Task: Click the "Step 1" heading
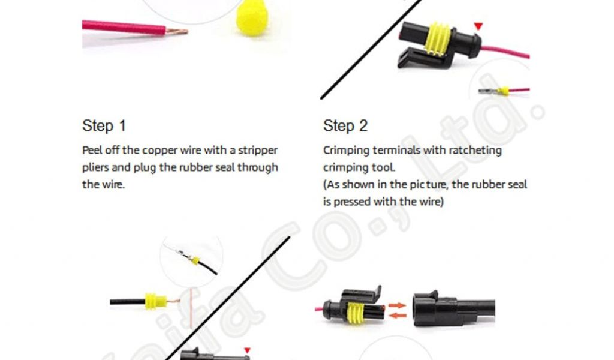click(104, 126)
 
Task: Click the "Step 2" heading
click(345, 126)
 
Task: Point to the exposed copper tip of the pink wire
click(177, 32)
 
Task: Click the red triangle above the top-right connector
click(478, 26)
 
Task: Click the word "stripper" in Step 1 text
click(258, 151)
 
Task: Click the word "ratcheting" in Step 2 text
click(475, 151)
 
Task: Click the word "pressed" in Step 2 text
click(351, 202)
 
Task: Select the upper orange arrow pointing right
click(397, 305)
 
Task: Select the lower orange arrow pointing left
click(398, 316)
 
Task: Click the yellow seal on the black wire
click(155, 302)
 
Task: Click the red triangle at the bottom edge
click(247, 350)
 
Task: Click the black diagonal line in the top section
click(371, 49)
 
